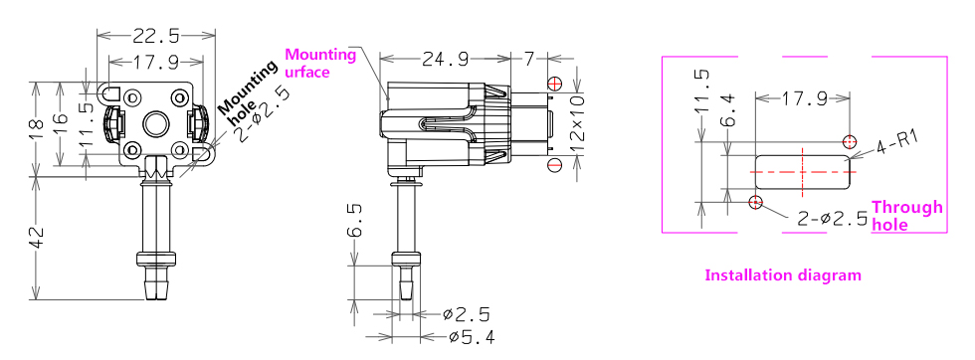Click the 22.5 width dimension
[x=155, y=36]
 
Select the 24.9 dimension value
[x=445, y=59]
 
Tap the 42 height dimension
[x=37, y=237]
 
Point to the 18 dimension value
[x=37, y=128]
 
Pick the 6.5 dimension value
[x=354, y=222]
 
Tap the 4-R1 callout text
[x=896, y=142]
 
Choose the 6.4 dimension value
[x=727, y=109]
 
